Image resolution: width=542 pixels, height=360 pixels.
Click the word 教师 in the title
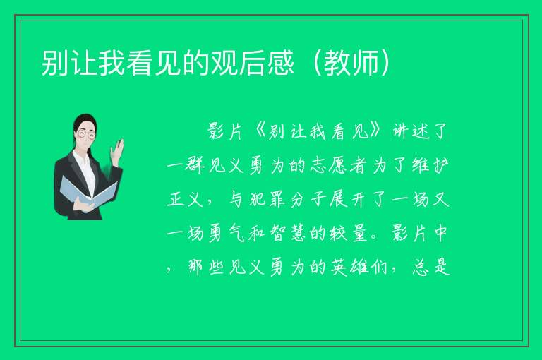pos(351,63)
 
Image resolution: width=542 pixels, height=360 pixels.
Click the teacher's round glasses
pos(86,134)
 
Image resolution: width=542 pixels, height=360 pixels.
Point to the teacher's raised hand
pos(117,151)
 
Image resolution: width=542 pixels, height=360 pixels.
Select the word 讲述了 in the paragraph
pos(420,131)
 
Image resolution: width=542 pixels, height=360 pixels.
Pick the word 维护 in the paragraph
pos(430,165)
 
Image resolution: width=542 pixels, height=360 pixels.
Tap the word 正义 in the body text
pos(185,199)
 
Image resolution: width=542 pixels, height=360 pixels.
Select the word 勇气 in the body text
pos(227,234)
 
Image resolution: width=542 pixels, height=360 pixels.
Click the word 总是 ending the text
pos(431,267)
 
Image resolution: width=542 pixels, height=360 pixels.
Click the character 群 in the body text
pos(195,165)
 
